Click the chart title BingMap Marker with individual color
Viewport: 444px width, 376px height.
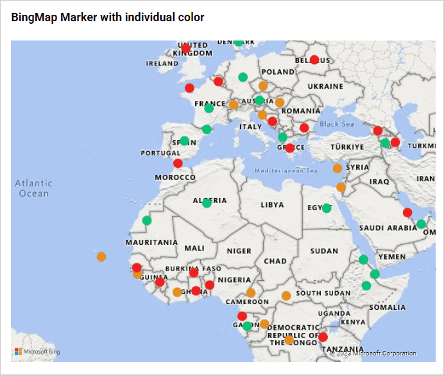[x=108, y=17]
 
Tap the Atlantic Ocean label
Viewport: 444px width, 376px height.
[x=33, y=188]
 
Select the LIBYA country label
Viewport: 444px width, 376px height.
[x=271, y=206]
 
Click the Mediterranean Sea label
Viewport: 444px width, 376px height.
[x=286, y=171]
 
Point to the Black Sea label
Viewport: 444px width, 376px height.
[x=337, y=124]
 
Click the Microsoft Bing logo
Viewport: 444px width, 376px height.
[x=38, y=352]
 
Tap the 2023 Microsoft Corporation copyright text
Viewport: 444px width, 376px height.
[x=373, y=353]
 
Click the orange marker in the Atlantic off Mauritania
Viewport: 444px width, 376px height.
[x=101, y=256]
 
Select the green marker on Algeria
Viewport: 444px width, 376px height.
[x=207, y=203]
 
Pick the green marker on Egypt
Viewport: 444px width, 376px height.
[x=327, y=208]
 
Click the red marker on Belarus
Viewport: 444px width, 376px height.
[x=314, y=60]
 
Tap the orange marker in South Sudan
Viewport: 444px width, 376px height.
[x=286, y=296]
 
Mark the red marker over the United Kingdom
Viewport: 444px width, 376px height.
[x=186, y=48]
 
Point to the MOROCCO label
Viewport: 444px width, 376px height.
[x=175, y=177]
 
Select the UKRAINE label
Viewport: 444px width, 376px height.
[x=325, y=86]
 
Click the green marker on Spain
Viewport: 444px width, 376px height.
[x=185, y=141]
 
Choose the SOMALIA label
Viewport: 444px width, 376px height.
[x=388, y=307]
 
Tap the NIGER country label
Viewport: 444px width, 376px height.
[x=239, y=251]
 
